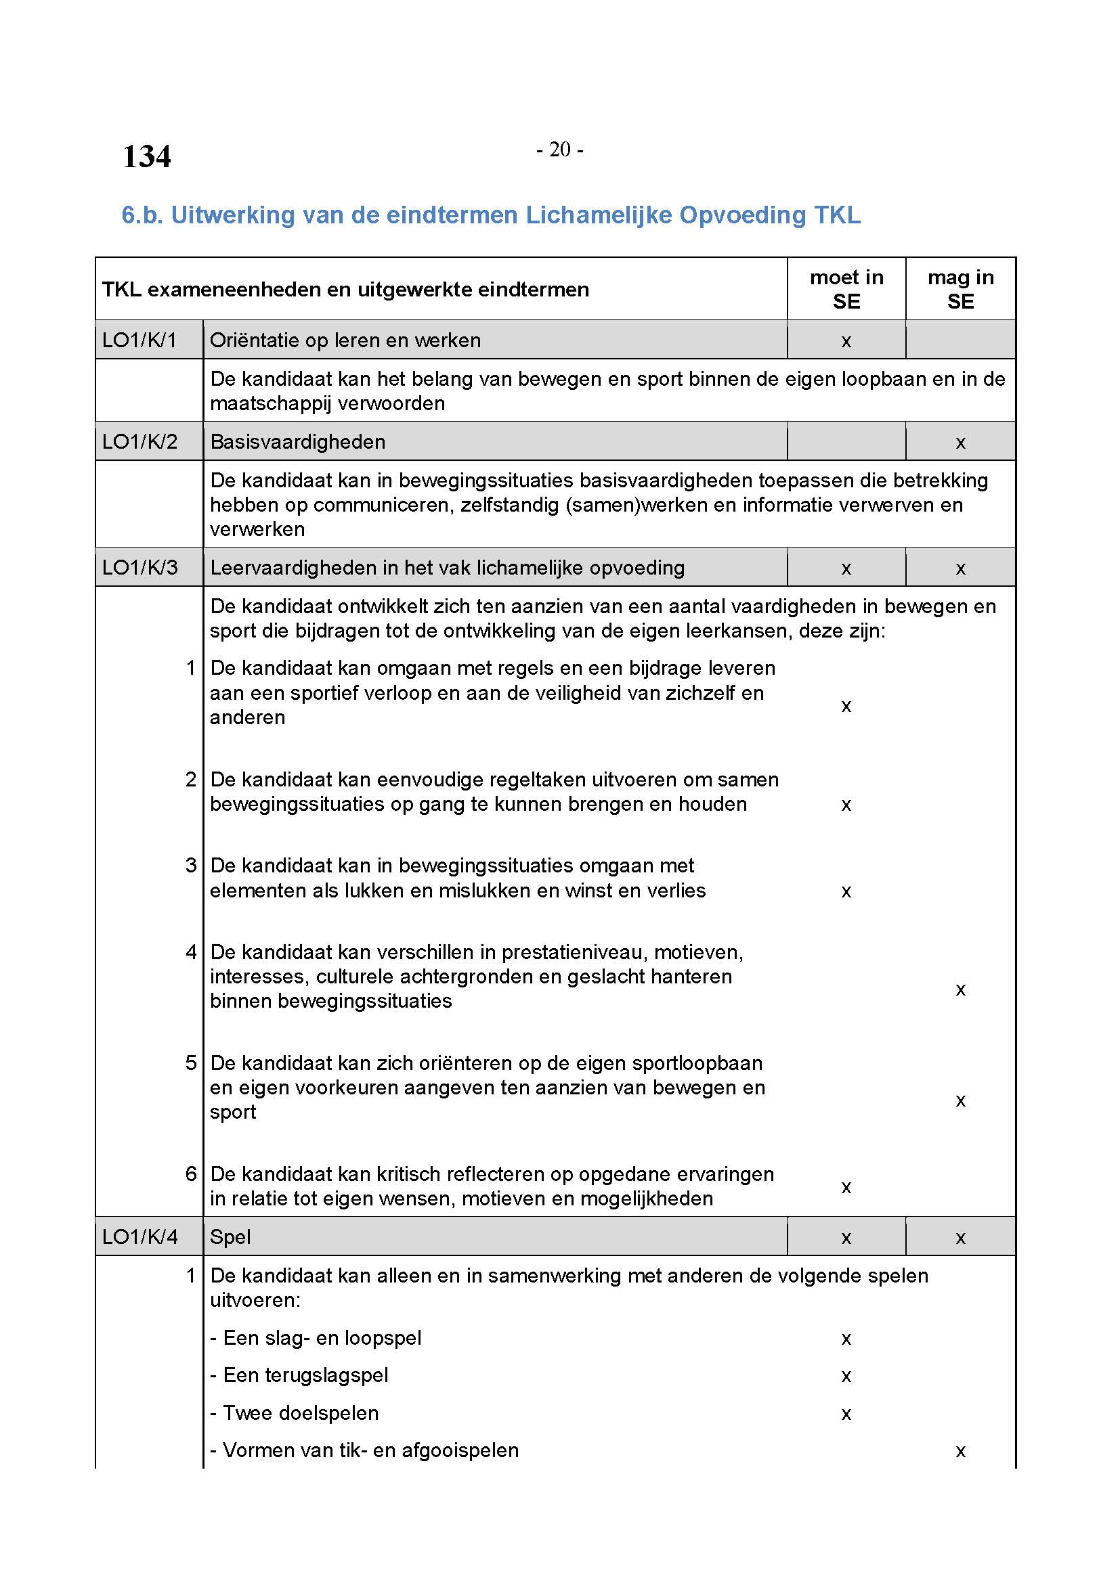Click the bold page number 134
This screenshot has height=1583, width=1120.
[146, 156]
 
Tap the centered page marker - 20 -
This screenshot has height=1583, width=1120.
[559, 150]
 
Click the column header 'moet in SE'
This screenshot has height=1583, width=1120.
[846, 289]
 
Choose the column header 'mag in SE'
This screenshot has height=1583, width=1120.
[960, 289]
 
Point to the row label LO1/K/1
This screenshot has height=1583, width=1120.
[139, 340]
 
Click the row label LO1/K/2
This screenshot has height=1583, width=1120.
[139, 441]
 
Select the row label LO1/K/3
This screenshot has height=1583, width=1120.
[139, 567]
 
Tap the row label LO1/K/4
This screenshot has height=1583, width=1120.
[139, 1236]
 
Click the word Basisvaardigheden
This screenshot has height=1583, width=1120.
[297, 441]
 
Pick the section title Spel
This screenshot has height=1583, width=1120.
[230, 1236]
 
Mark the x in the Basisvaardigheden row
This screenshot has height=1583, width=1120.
[960, 443]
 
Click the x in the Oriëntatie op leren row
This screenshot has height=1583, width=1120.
[846, 341]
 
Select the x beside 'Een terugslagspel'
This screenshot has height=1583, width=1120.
[846, 1376]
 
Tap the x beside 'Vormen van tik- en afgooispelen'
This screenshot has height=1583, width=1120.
[960, 1451]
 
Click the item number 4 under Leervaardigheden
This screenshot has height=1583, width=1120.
[191, 952]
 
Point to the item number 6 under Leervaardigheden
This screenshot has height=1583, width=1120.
[191, 1174]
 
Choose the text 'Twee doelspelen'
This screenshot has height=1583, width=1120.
[301, 1412]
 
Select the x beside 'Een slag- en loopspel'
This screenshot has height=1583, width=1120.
[846, 1339]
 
